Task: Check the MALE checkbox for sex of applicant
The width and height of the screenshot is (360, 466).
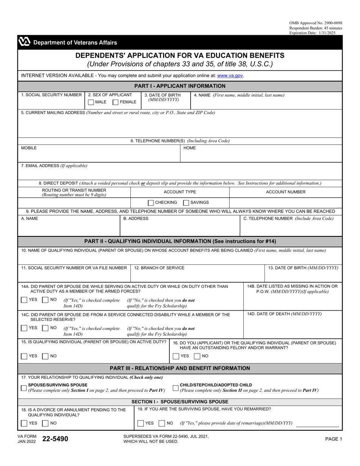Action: point(91,102)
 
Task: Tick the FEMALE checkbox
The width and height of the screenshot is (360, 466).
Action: point(116,102)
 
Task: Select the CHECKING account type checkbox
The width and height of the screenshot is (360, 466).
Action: point(151,203)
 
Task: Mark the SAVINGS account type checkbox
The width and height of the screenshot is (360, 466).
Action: point(186,203)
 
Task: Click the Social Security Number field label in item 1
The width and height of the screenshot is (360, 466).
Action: point(51,95)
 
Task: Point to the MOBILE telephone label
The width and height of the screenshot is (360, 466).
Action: point(29,148)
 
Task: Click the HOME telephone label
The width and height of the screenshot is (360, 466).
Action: point(189,148)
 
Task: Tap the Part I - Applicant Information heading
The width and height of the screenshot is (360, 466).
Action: point(180,86)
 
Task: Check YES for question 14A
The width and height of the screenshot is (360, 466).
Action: point(24,300)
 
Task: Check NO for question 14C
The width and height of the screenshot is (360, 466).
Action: point(45,328)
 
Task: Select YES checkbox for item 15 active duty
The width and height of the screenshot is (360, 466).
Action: point(24,356)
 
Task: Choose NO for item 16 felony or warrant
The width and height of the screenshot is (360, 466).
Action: point(197,356)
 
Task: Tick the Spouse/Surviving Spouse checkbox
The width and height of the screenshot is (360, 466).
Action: point(24,388)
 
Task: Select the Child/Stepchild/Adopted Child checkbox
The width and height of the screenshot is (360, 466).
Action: point(175,388)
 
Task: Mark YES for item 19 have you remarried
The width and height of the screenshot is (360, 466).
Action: point(141,423)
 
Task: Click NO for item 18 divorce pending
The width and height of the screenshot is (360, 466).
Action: point(45,423)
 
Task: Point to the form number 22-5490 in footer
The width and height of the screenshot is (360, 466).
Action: point(55,439)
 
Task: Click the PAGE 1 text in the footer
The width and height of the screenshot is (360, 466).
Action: point(333,439)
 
